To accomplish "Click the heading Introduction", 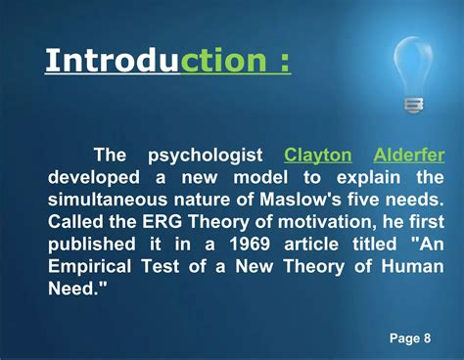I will (167, 62).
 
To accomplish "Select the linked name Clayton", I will (317, 156).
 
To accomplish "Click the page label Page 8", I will (410, 338).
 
